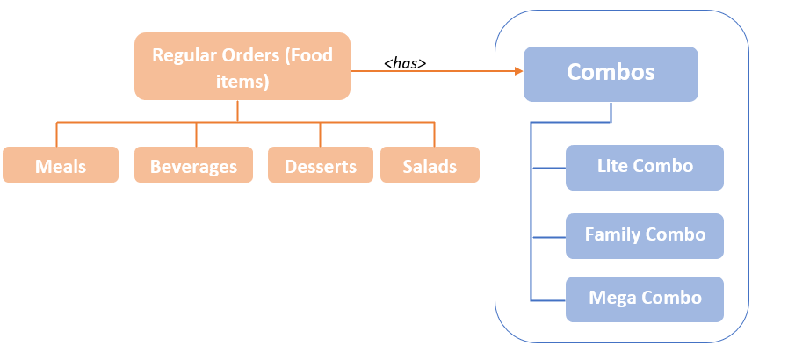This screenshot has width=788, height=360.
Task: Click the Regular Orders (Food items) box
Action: (242, 67)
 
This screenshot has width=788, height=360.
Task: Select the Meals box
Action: (61, 165)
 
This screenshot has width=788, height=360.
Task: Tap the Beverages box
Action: (193, 165)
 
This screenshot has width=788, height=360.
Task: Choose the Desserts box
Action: (321, 165)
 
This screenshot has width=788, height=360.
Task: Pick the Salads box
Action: (430, 165)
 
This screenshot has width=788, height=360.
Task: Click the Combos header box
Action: (611, 73)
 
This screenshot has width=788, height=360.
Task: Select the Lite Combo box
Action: (644, 167)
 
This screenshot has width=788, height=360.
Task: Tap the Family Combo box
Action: (644, 235)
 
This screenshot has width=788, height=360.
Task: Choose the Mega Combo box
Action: (644, 299)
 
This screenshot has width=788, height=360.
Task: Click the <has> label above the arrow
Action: (405, 63)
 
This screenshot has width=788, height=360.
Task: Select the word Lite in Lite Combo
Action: (611, 166)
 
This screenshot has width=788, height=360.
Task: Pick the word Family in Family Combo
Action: (612, 234)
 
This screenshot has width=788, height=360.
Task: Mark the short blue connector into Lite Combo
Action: (548, 167)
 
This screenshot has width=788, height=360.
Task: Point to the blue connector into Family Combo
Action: (548, 236)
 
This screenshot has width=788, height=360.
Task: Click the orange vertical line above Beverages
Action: (196, 134)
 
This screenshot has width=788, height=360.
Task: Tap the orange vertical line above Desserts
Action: (320, 134)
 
